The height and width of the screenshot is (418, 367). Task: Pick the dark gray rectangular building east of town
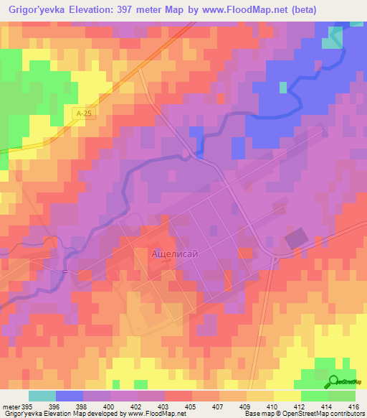(295, 239)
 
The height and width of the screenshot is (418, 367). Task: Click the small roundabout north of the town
(186, 154)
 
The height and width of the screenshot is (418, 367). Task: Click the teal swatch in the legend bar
(42, 396)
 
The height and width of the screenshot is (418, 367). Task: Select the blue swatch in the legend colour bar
(70, 396)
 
